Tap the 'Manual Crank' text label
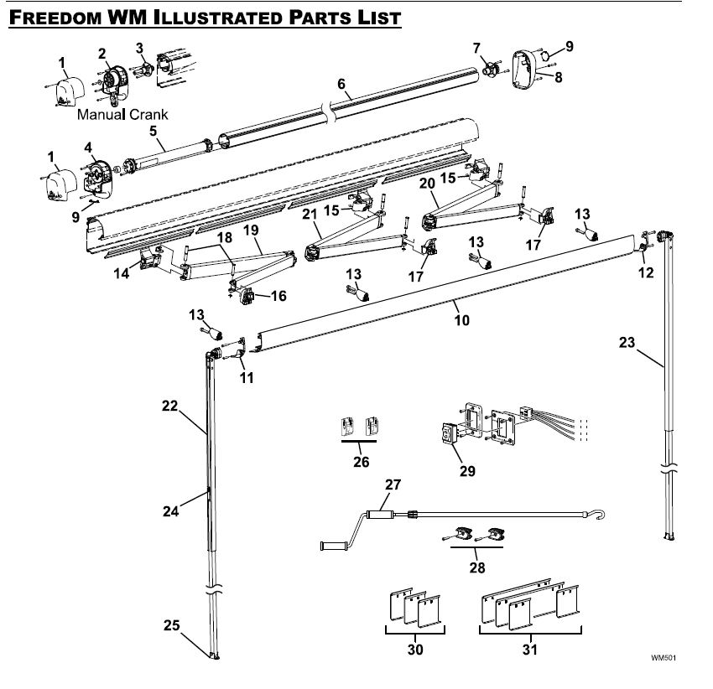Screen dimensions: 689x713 122,114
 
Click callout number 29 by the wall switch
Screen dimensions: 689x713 467,470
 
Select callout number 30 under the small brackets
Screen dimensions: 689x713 414,649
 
